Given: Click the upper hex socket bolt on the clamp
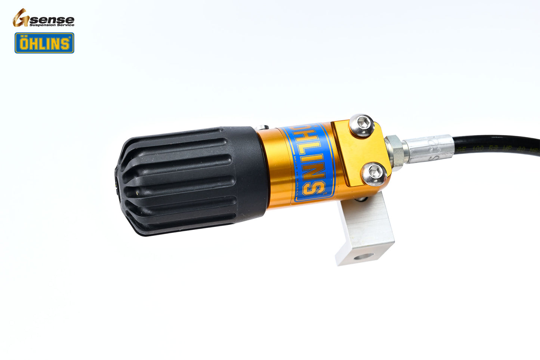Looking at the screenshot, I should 362,124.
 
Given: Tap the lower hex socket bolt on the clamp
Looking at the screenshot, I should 374,172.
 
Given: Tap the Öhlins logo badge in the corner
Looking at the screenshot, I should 44,43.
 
